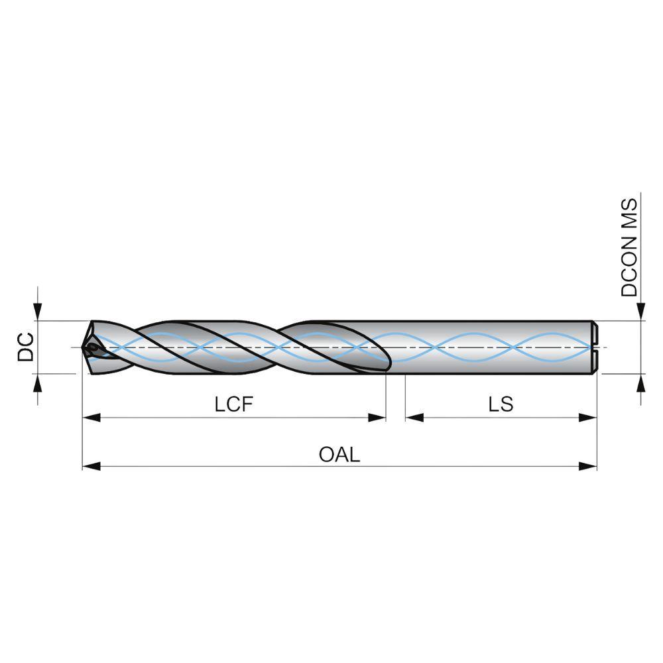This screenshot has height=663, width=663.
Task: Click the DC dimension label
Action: [26, 347]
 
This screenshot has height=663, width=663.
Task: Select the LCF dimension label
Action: [234, 404]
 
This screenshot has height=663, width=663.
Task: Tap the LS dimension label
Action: [501, 404]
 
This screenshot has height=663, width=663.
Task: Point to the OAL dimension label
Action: [339, 455]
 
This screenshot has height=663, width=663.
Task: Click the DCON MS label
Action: [629, 247]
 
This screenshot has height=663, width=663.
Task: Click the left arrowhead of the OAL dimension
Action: [91, 466]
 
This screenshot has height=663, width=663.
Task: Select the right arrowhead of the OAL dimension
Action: [587, 466]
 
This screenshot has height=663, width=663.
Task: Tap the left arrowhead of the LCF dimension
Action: [91, 418]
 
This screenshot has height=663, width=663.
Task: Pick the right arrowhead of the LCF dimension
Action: [377, 418]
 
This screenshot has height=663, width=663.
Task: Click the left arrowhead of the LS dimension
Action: [414, 418]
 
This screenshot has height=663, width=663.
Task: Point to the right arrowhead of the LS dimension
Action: [587, 418]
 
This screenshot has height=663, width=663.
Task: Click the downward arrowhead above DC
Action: [38, 312]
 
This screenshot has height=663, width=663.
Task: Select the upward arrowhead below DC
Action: [38, 383]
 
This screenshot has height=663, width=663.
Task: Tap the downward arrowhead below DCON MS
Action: [641, 312]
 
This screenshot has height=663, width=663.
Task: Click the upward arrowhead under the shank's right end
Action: [641, 383]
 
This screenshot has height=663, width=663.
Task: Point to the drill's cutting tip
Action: [83, 347]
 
